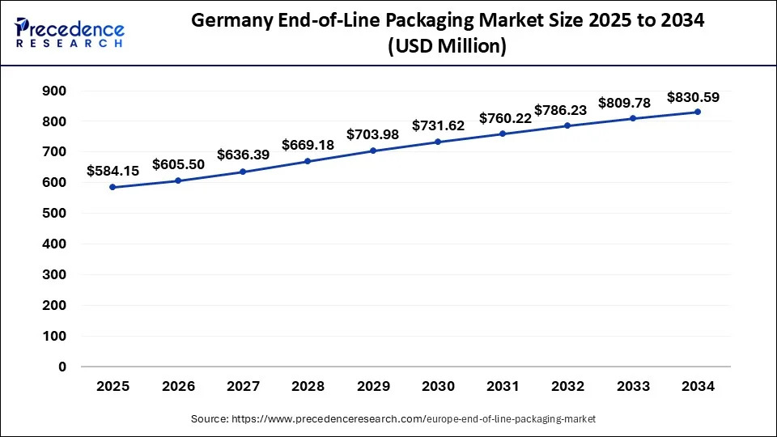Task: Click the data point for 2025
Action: click(x=113, y=187)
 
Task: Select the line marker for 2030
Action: click(x=438, y=142)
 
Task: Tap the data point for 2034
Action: click(x=698, y=112)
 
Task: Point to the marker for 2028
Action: click(x=308, y=161)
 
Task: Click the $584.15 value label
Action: click(x=113, y=171)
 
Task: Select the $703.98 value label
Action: click(x=373, y=134)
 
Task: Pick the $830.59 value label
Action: click(x=694, y=97)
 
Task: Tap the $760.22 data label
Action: click(x=505, y=118)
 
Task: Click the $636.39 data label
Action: click(x=244, y=155)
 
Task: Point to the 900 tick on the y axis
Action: click(x=54, y=91)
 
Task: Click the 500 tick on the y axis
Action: click(x=54, y=213)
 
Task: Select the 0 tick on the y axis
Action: click(x=62, y=367)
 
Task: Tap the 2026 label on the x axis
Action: click(x=178, y=387)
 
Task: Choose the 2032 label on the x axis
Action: click(x=568, y=387)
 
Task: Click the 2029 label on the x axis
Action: click(x=373, y=387)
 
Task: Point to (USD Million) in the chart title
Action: click(x=448, y=48)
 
